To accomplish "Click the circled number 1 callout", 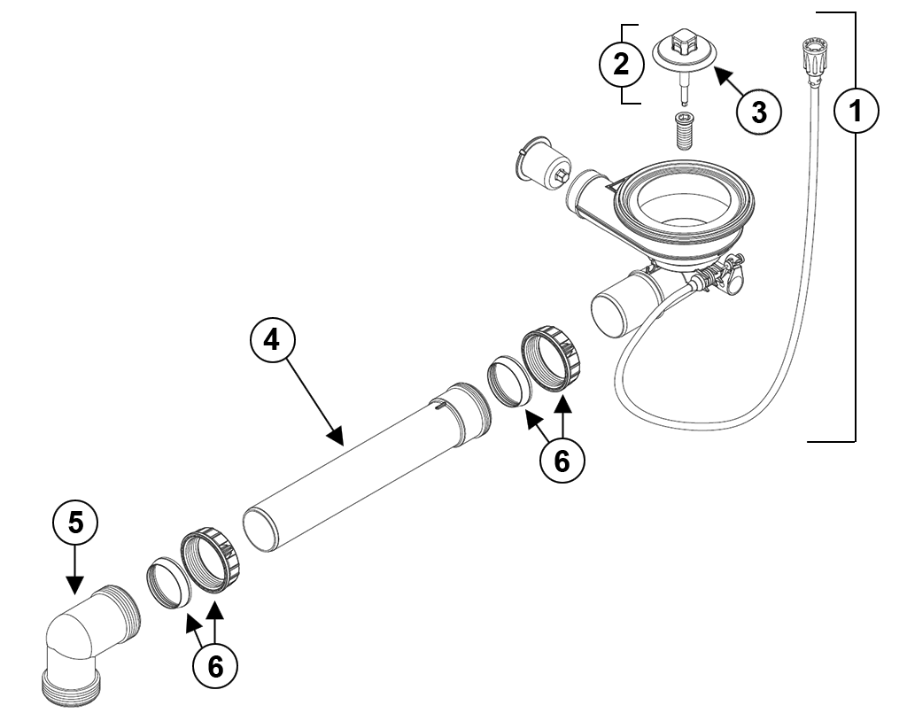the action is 857,110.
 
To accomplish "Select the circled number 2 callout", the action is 621,64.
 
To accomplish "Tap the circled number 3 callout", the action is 759,112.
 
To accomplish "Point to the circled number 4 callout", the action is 273,341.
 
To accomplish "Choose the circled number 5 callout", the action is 75,523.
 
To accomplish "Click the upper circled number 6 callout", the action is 562,461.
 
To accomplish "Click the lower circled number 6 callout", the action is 215,666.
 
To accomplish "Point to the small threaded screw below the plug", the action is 685,131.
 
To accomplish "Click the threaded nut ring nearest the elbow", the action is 211,561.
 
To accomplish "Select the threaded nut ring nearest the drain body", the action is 553,360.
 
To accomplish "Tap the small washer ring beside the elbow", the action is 168,583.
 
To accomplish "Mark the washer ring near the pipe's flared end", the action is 510,384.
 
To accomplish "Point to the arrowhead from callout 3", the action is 722,75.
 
